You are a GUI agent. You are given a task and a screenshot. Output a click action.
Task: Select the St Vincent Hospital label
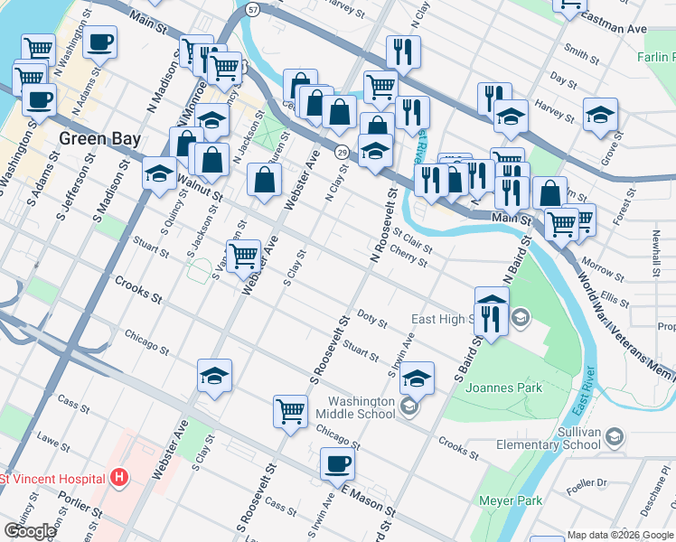(54, 478)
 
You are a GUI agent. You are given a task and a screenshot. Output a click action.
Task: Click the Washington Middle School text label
(361, 407)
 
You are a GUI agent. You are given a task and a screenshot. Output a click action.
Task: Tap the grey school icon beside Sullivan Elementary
(615, 437)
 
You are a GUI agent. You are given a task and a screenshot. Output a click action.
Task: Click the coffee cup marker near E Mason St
(337, 464)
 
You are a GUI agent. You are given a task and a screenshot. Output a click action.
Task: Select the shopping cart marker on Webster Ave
(243, 257)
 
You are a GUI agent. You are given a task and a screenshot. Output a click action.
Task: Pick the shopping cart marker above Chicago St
(290, 411)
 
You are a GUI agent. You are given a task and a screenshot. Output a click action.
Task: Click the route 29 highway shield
(343, 152)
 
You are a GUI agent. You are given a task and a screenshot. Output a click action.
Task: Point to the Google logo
(30, 530)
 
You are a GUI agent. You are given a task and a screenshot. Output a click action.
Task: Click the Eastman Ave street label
(616, 29)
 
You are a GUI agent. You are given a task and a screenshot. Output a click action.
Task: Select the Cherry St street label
(409, 259)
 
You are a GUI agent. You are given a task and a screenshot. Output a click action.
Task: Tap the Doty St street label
(371, 320)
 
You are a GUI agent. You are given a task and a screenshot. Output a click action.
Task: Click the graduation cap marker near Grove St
(600, 116)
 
